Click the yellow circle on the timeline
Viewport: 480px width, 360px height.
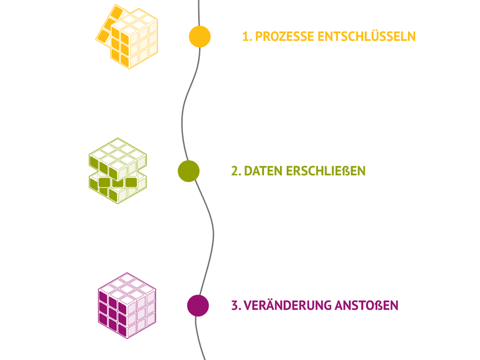[200, 37]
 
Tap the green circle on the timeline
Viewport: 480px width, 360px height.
[188, 171]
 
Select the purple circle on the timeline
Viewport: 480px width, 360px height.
[198, 305]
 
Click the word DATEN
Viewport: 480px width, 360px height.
[263, 171]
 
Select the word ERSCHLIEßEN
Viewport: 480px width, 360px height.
[326, 171]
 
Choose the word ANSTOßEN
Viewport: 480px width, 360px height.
[367, 305]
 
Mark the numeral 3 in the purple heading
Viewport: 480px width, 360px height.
[235, 305]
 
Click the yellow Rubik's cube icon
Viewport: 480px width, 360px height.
[127, 36]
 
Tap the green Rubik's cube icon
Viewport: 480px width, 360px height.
[118, 171]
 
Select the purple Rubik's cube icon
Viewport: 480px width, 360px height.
[127, 305]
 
